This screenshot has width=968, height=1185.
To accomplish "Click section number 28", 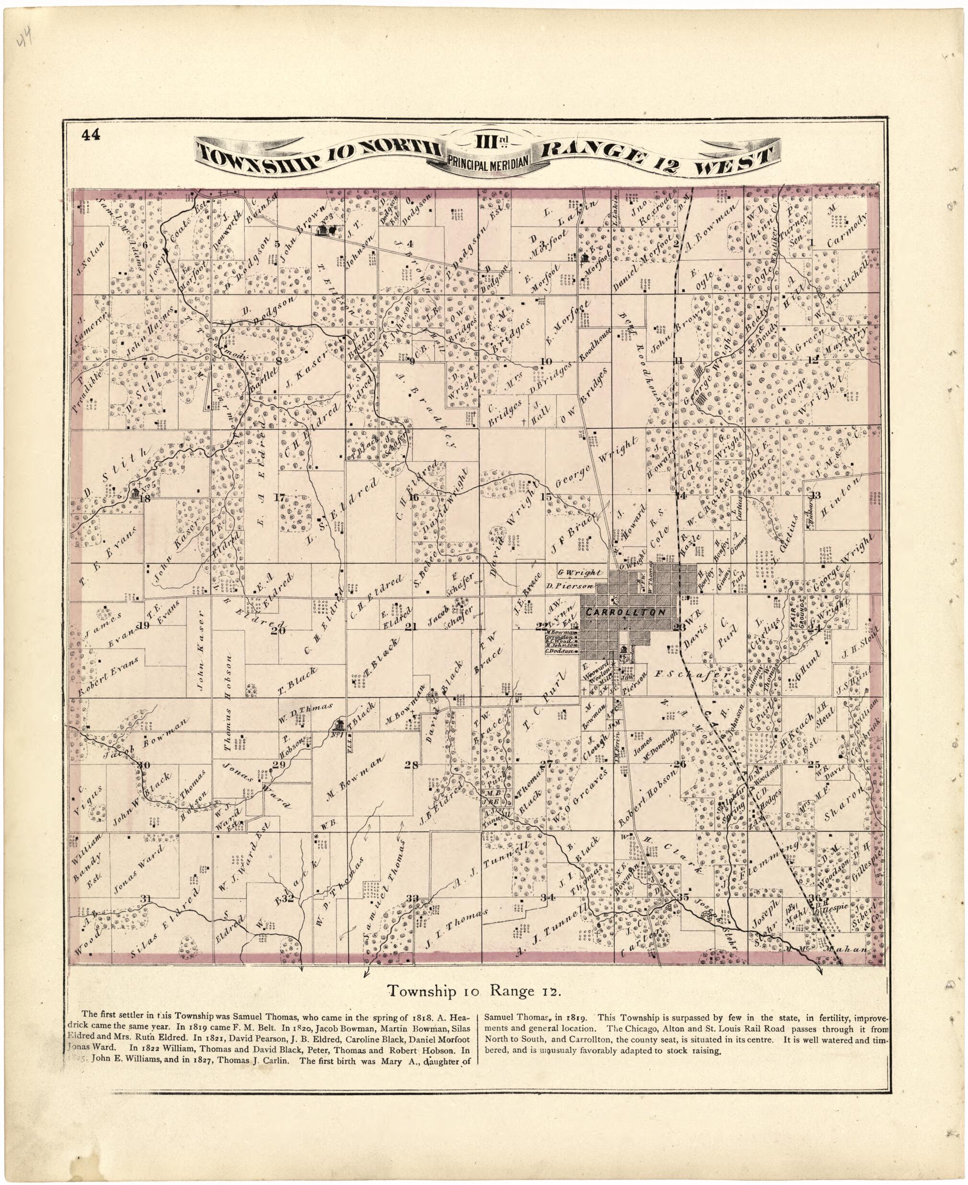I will (412, 765).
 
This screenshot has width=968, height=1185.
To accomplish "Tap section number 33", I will (413, 898).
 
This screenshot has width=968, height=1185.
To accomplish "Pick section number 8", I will (279, 360).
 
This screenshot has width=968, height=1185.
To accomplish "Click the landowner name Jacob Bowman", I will (146, 738).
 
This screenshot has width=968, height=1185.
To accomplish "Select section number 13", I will (815, 495).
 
